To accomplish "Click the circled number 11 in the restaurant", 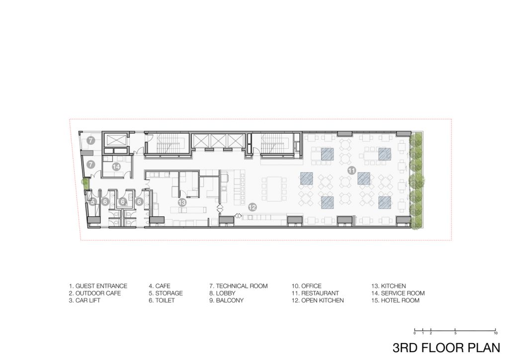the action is coord(351,170).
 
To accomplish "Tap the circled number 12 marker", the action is coord(252,207).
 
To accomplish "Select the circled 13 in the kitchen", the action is coord(182,202).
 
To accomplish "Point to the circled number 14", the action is coord(116,167).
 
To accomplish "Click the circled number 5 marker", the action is coord(93,201).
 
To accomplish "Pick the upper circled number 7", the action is coord(90,141).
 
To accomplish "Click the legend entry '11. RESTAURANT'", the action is coord(315,293).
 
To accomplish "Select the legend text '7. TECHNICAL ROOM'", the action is coord(238,286).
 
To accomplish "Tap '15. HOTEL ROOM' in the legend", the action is coord(395,300).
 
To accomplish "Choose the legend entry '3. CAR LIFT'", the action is coord(85,300).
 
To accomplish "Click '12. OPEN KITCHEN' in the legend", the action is coord(318,300).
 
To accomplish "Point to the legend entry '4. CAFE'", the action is coord(160,286).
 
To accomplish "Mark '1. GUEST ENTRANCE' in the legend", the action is coord(98,286).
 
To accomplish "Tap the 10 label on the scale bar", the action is coord(496,333).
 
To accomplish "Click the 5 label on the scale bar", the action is coord(455,333).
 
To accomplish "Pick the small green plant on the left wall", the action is coord(85,183).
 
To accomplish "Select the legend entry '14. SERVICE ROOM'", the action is coord(398,293).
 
